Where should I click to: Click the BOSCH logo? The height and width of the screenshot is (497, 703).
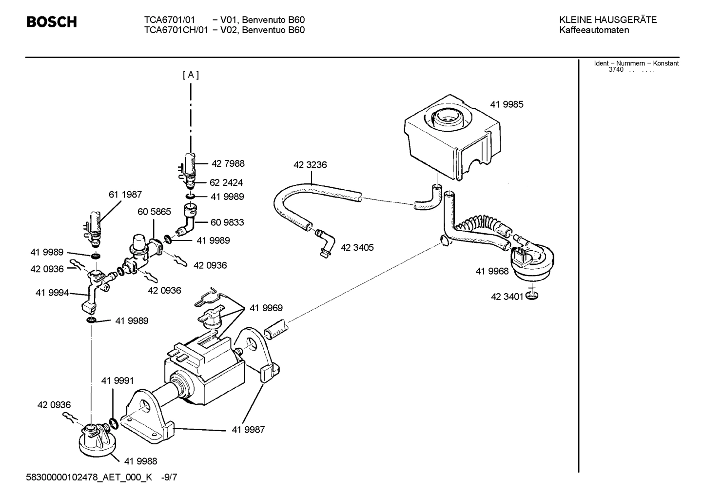click(x=51, y=22)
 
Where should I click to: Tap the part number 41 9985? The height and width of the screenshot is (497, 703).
click(x=507, y=104)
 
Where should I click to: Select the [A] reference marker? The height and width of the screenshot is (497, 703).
click(x=191, y=75)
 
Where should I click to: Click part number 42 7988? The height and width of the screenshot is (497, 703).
click(x=228, y=164)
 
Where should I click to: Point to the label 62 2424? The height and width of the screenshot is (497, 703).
click(x=226, y=182)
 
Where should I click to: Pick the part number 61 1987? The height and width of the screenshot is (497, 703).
click(x=125, y=195)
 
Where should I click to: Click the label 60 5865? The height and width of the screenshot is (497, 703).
click(x=154, y=212)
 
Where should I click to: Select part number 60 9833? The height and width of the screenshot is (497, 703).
click(x=227, y=222)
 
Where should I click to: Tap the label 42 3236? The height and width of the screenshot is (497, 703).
click(x=310, y=165)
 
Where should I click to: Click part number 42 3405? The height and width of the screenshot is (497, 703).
click(x=357, y=248)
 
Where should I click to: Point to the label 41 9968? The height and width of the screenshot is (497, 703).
click(x=492, y=271)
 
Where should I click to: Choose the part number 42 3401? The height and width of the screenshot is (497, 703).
click(x=507, y=297)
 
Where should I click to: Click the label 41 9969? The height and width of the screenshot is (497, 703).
click(x=266, y=308)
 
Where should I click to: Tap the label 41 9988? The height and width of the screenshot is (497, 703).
click(x=141, y=461)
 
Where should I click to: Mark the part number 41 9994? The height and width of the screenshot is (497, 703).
click(x=52, y=293)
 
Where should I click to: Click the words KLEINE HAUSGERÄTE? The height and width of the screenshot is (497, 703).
click(x=607, y=20)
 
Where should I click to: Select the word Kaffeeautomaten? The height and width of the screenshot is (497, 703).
click(x=594, y=30)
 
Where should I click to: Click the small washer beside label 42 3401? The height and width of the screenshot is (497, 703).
click(x=532, y=296)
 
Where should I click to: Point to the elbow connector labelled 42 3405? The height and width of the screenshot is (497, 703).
click(x=325, y=242)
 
